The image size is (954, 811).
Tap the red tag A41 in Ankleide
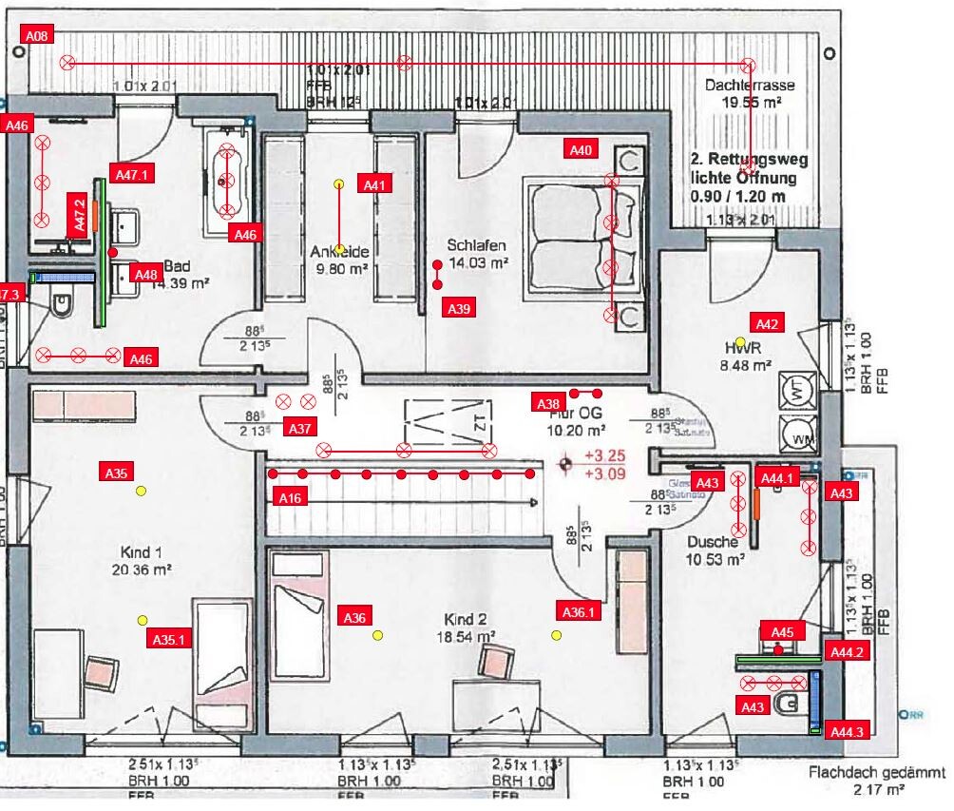point(375,186)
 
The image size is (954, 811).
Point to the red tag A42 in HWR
point(768,324)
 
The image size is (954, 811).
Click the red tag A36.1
point(579,612)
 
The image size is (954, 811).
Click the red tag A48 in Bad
point(145,275)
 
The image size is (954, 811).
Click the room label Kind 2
point(466,619)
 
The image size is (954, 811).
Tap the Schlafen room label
point(477,244)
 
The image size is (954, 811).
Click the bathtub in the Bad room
point(227,178)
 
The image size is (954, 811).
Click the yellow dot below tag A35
point(141,491)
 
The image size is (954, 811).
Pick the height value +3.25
point(604,455)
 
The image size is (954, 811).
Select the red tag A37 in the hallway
point(300,428)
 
